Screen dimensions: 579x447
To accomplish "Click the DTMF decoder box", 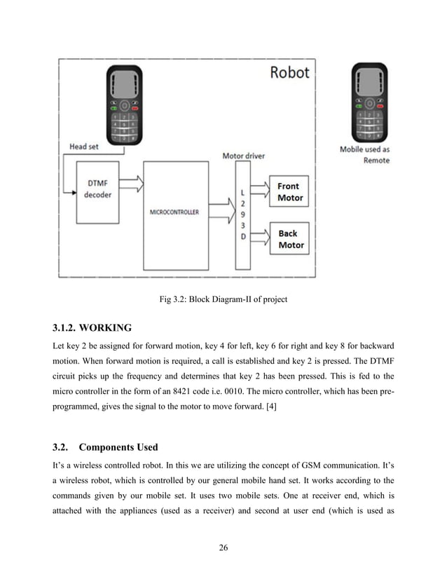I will [x=97, y=189].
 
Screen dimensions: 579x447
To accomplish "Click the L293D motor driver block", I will [x=242, y=216].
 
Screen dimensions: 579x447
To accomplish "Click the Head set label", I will [x=88, y=147].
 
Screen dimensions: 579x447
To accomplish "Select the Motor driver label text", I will [x=243, y=156].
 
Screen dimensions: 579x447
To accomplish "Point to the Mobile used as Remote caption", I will [x=364, y=155].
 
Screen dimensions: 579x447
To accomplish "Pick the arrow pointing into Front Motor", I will [x=259, y=187].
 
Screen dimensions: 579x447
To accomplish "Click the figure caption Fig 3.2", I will [x=224, y=300].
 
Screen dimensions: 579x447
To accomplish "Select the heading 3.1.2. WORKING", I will [x=91, y=327].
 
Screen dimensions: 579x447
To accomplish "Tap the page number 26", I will [x=224, y=547].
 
